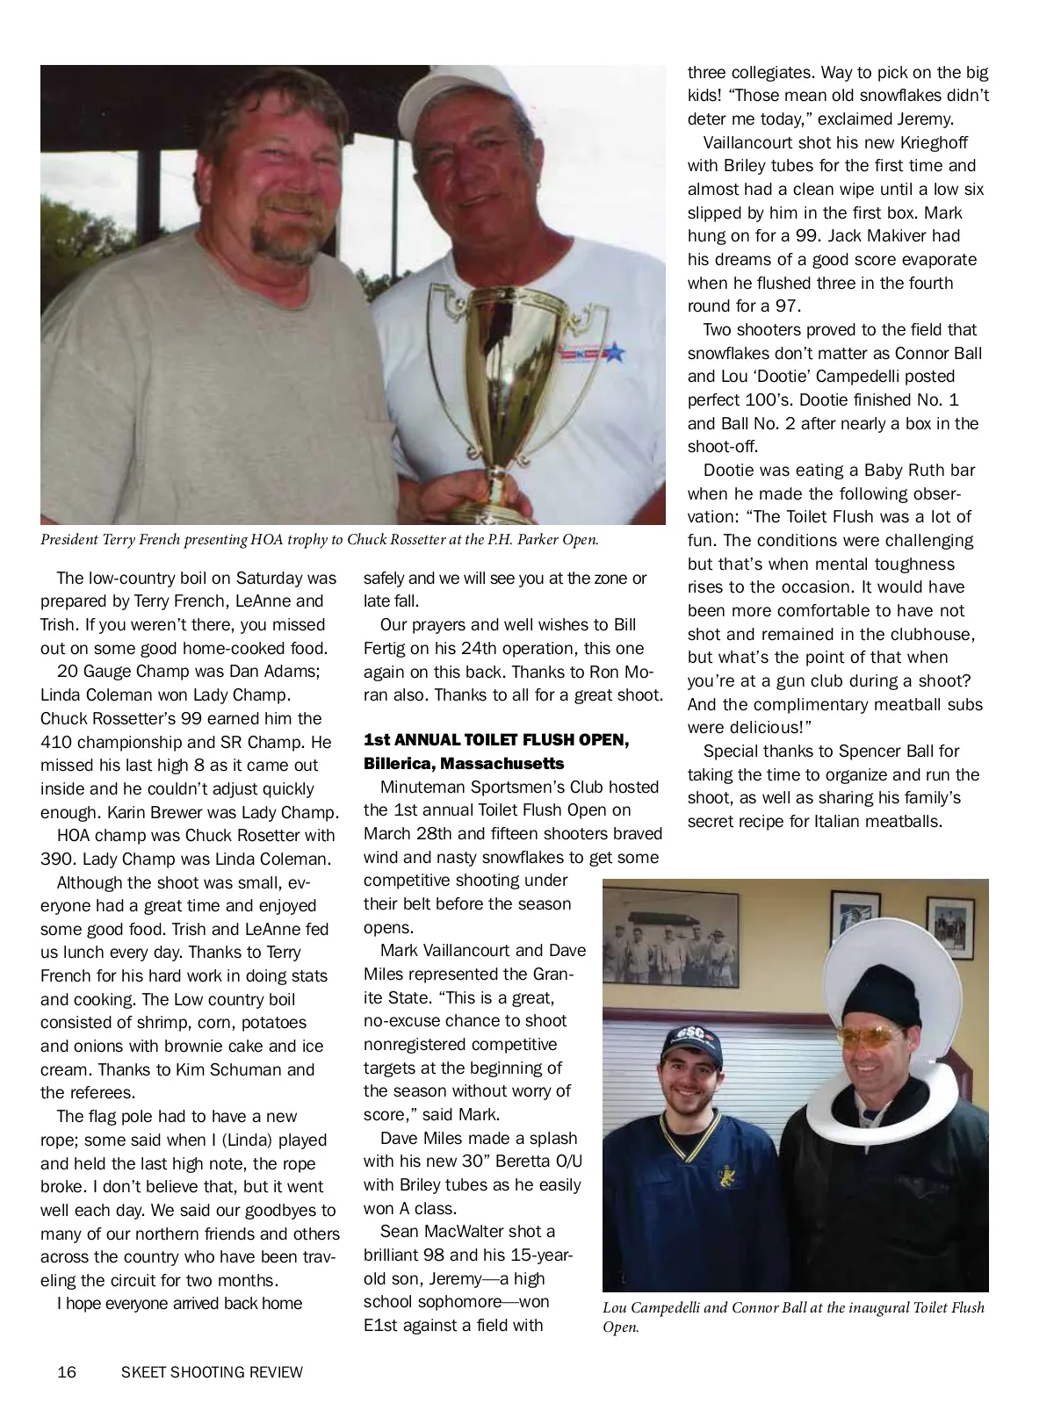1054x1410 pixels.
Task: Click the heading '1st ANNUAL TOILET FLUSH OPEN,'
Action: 496,740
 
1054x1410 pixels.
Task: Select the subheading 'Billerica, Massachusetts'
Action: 464,764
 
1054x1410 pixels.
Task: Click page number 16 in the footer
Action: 66,1371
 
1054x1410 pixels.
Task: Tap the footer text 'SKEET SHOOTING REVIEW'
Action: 212,1371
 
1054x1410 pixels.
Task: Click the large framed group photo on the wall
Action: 671,940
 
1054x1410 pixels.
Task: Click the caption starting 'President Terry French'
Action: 320,540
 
